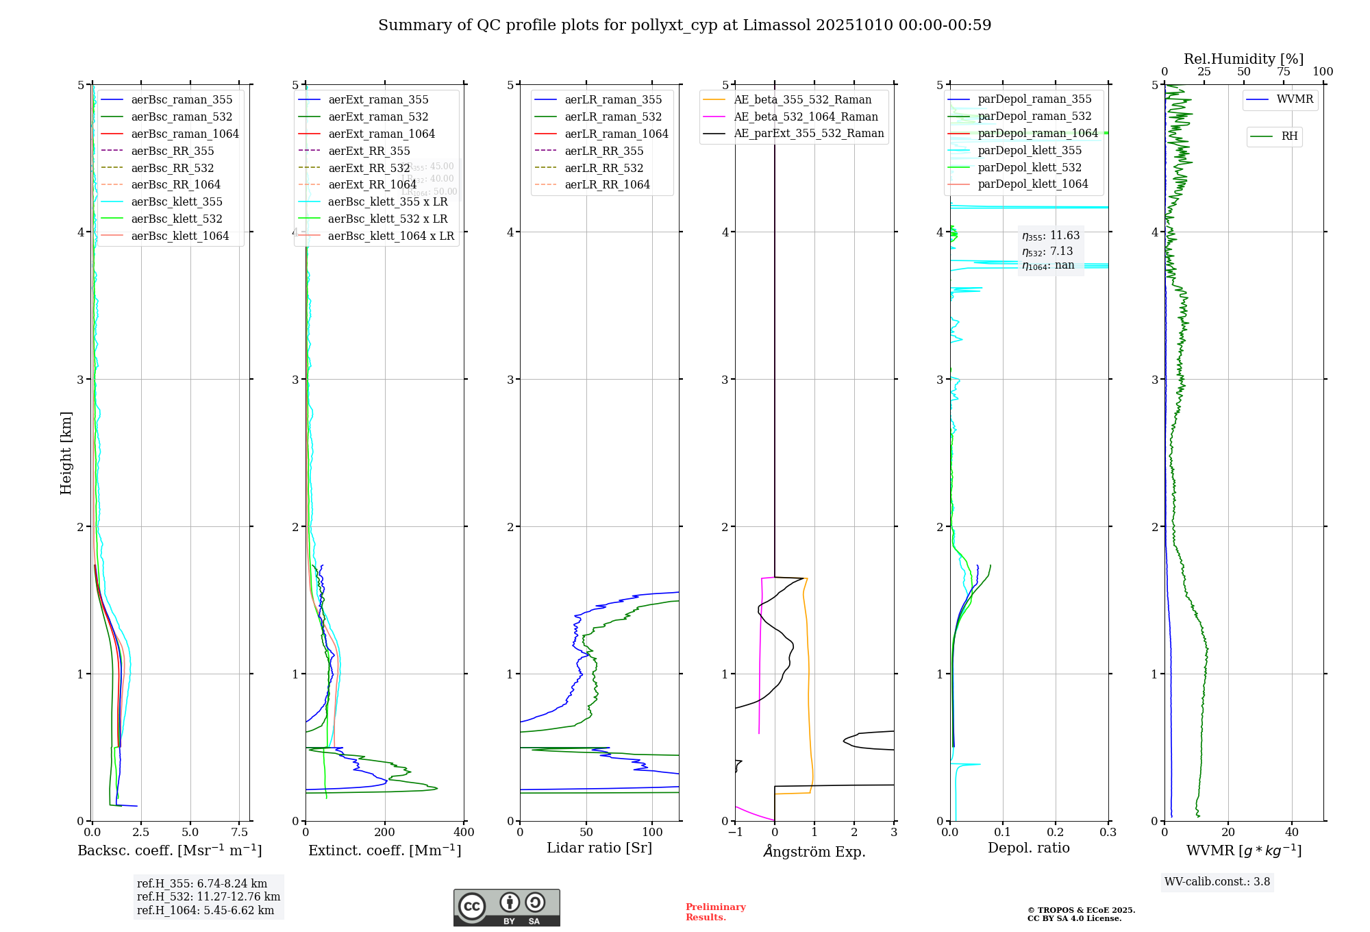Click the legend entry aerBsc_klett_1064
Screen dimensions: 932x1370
pyautogui.click(x=179, y=236)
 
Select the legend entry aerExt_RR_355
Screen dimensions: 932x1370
pyautogui.click(x=369, y=151)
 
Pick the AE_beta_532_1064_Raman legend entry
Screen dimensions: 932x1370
pyautogui.click(x=806, y=116)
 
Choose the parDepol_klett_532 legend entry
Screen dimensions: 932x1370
pyautogui.click(x=1030, y=167)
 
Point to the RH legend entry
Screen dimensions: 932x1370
pyautogui.click(x=1289, y=136)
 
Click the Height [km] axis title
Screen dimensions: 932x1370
pyautogui.click(x=66, y=453)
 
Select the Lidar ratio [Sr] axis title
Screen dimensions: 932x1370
pyautogui.click(x=599, y=848)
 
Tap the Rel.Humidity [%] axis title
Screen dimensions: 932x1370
pyautogui.click(x=1243, y=59)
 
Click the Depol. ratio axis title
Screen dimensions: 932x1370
pyautogui.click(x=1028, y=848)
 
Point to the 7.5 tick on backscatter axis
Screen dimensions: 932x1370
pyautogui.click(x=239, y=833)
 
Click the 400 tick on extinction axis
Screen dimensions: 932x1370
pyautogui.click(x=464, y=833)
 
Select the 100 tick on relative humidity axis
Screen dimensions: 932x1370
pyautogui.click(x=1323, y=72)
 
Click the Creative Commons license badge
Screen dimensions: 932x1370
pyautogui.click(x=506, y=908)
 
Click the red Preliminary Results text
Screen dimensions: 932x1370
pyautogui.click(x=715, y=912)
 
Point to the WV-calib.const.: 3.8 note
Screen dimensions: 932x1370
pyautogui.click(x=1217, y=882)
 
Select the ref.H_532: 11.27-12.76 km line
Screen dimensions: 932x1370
pyautogui.click(x=208, y=897)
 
